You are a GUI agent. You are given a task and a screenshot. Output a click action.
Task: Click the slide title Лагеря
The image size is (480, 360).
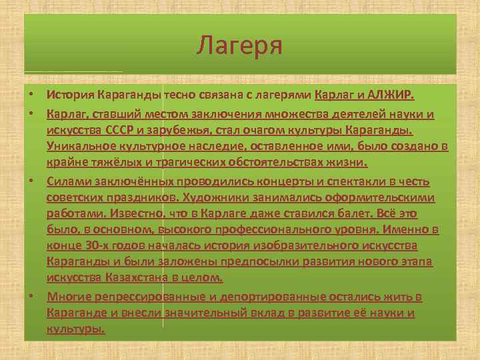(240, 46)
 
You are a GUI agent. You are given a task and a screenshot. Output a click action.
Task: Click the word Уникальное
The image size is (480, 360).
(79, 147)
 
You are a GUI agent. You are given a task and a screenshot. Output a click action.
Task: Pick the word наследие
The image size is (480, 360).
(233, 147)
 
